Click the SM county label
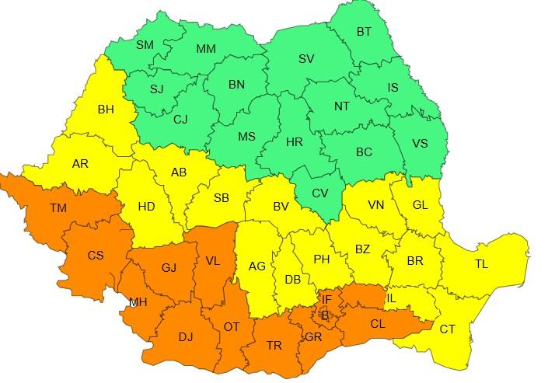pyautogui.click(x=145, y=45)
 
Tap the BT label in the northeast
pyautogui.click(x=364, y=32)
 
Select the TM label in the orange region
pyautogui.click(x=58, y=208)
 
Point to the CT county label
pyautogui.click(x=448, y=329)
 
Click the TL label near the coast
pyautogui.click(x=481, y=265)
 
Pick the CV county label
pyautogui.click(x=319, y=193)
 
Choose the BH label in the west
pyautogui.click(x=106, y=110)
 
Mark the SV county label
pyautogui.click(x=306, y=59)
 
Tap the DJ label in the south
pyautogui.click(x=186, y=336)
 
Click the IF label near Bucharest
pyautogui.click(x=326, y=298)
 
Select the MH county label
pyautogui.click(x=138, y=301)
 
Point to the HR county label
pyautogui.click(x=295, y=143)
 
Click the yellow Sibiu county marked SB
pyautogui.click(x=222, y=198)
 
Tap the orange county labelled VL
pyautogui.click(x=212, y=261)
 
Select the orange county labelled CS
pyautogui.click(x=96, y=256)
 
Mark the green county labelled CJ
pyautogui.click(x=180, y=120)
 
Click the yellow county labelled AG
pyautogui.click(x=257, y=266)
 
